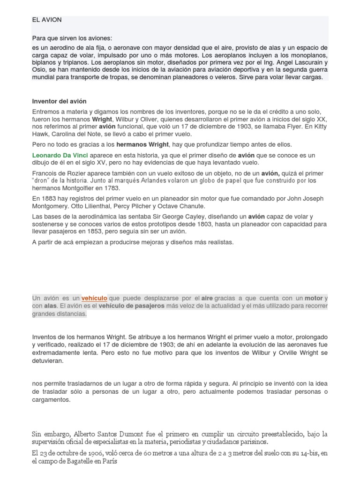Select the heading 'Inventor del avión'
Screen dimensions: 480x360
[59, 101]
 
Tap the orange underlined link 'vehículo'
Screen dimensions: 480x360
[94, 298]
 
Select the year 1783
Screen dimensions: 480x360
[111, 188]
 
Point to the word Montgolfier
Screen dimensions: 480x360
[77, 188]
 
